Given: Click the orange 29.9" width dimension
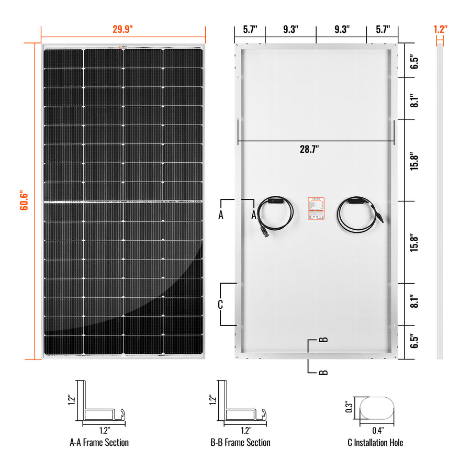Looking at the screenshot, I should (x=123, y=29).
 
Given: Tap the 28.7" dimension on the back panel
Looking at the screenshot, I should (x=309, y=149).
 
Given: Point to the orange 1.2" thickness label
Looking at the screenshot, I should (x=440, y=29).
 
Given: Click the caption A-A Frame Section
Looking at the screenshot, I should (x=99, y=443).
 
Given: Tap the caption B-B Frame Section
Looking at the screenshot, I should (x=240, y=443).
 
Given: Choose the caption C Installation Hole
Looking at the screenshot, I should (x=375, y=443).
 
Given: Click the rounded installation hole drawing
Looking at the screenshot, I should (x=376, y=408).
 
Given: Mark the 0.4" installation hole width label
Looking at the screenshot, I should (x=376, y=431).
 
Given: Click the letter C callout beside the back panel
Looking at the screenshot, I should (x=220, y=304).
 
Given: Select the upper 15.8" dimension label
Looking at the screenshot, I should (x=414, y=160).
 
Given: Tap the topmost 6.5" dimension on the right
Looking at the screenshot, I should (x=414, y=62).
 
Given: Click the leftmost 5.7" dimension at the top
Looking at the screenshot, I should (x=250, y=29).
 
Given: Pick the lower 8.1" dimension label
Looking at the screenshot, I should (x=414, y=302).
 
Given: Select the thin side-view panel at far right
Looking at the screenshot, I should (x=440, y=201).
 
